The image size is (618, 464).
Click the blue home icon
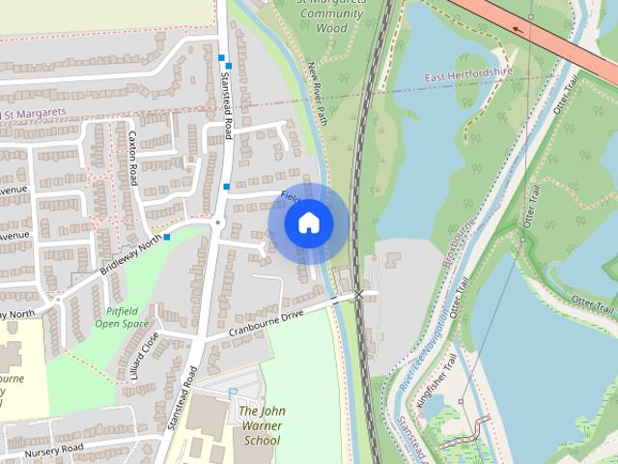tap(309, 222)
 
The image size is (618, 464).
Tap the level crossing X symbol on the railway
tap(359, 293)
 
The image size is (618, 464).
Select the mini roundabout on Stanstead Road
tap(218, 222)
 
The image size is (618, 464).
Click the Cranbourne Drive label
tap(267, 324)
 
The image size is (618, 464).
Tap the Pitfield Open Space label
tap(123, 318)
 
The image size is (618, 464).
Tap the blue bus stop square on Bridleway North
tap(167, 237)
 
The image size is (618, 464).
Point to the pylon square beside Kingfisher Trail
tap(462, 401)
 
